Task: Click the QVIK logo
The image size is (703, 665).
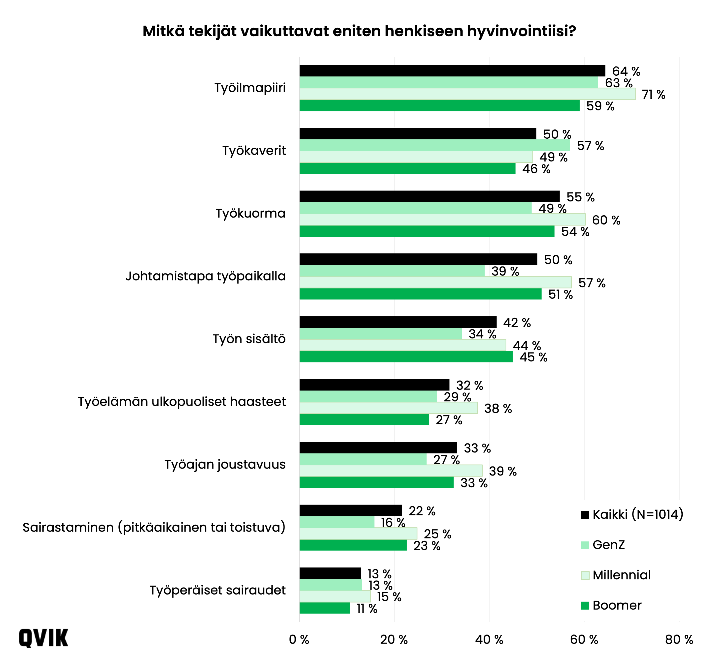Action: pyautogui.click(x=43, y=638)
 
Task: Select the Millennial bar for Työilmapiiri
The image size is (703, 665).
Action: pyautogui.click(x=467, y=94)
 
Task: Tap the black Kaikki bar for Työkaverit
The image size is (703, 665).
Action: pyautogui.click(x=418, y=134)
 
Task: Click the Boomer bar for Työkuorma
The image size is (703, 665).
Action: pyautogui.click(x=427, y=231)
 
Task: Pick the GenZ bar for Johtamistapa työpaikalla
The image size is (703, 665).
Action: pyautogui.click(x=392, y=271)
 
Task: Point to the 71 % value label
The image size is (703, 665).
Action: pyautogui.click(x=653, y=95)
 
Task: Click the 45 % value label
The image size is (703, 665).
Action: pyautogui.click(x=533, y=357)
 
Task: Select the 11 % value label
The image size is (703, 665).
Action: pyautogui.click(x=367, y=609)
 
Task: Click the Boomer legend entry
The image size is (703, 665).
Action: pyautogui.click(x=617, y=605)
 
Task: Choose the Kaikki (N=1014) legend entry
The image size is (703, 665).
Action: pyautogui.click(x=637, y=514)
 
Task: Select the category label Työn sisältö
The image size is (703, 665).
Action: pyautogui.click(x=249, y=339)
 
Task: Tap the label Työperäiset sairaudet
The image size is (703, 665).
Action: pyautogui.click(x=217, y=590)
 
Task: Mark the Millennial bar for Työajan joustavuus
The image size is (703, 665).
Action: pyautogui.click(x=390, y=471)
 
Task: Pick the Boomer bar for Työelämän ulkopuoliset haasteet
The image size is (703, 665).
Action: pyautogui.click(x=364, y=420)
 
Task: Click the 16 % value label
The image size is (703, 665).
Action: pyautogui.click(x=393, y=522)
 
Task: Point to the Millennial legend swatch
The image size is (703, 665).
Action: pyautogui.click(x=585, y=575)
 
